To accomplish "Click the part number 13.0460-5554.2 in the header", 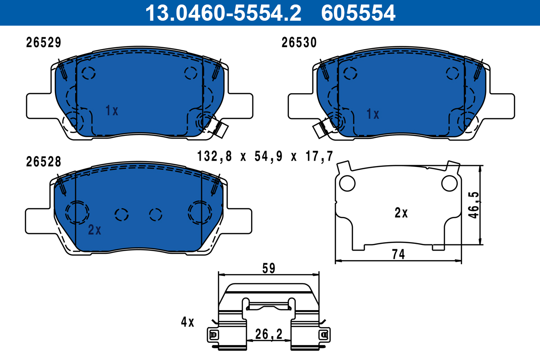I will pyautogui.click(x=222, y=13).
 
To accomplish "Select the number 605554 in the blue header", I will pyautogui.click(x=358, y=13).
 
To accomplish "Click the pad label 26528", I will pyautogui.click(x=43, y=162).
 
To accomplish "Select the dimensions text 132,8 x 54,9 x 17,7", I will pyautogui.click(x=265, y=157).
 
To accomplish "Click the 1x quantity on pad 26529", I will pyautogui.click(x=112, y=110).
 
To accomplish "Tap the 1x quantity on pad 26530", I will pyautogui.click(x=373, y=114).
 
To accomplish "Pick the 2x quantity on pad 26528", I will pyautogui.click(x=94, y=230).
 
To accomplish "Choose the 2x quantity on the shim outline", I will pyautogui.click(x=401, y=213).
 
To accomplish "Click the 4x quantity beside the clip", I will pyautogui.click(x=187, y=322).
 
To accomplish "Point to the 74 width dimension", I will pyautogui.click(x=399, y=254).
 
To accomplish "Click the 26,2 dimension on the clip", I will pyautogui.click(x=269, y=334).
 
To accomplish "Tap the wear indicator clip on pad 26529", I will pyautogui.click(x=220, y=129).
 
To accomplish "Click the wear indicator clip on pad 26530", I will pyautogui.click(x=321, y=129).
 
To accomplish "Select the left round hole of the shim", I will pyautogui.click(x=347, y=183).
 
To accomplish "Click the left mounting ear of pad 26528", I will pyautogui.click(x=38, y=220).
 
